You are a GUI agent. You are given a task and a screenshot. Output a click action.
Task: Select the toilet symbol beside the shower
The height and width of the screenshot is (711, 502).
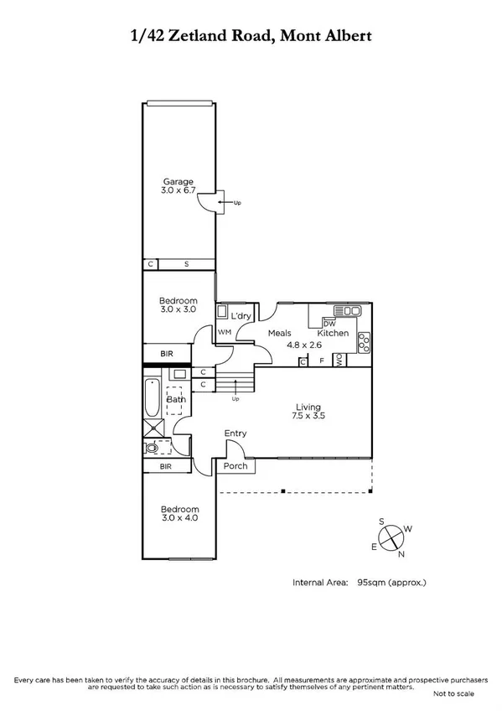(x=152, y=448)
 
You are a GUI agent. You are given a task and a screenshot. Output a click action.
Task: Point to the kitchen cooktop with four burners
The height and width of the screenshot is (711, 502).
(x=364, y=341)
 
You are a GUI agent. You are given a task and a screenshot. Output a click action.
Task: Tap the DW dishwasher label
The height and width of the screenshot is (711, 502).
(x=329, y=324)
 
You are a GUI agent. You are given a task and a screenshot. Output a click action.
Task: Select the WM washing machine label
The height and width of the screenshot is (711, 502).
(x=224, y=333)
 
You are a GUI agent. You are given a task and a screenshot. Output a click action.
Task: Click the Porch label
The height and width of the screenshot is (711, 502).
(x=234, y=465)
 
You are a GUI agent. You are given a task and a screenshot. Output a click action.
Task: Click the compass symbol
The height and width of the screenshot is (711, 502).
(x=391, y=538)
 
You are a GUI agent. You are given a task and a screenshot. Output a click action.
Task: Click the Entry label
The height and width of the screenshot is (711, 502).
(x=235, y=433)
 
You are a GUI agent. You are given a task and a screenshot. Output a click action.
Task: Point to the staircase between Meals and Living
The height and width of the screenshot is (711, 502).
(x=236, y=382)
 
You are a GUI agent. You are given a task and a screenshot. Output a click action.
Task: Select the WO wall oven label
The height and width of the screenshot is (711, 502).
(x=339, y=361)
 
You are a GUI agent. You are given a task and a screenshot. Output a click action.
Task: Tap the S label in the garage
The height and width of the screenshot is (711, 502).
(x=186, y=264)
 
